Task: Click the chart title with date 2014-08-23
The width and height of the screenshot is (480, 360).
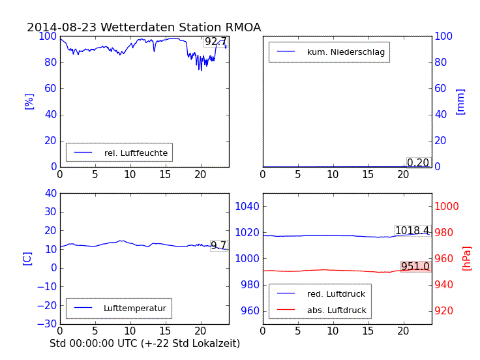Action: (143, 27)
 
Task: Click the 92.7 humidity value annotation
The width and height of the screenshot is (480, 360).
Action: (216, 42)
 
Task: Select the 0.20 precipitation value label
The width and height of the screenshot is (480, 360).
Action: (418, 162)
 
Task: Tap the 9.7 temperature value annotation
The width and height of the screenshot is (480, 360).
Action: (218, 246)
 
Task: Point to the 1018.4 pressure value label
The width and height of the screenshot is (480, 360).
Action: (412, 230)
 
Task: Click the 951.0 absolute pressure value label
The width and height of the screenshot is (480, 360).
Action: (415, 266)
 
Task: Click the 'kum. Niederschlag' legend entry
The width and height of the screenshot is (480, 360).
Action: (346, 52)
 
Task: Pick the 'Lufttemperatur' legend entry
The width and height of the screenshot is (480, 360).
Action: (134, 308)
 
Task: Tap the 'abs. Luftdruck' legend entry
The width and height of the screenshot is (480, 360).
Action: (337, 310)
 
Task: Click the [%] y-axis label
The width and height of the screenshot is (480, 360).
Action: (29, 101)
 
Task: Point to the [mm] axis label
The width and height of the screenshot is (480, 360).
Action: (460, 102)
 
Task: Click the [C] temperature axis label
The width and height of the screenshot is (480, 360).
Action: (27, 258)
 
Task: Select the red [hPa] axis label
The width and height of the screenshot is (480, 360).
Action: (467, 258)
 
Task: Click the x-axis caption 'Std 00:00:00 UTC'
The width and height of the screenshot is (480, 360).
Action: (145, 343)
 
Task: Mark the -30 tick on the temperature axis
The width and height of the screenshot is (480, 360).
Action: (48, 324)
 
